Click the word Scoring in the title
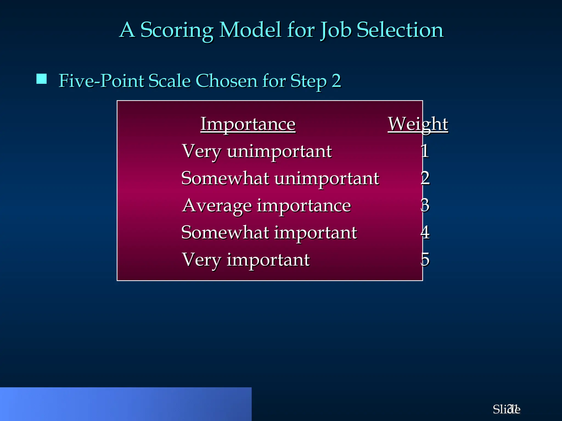point(177,30)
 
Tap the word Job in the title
point(336,30)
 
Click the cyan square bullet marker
point(41,79)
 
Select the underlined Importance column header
point(248,124)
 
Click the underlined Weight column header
point(418,124)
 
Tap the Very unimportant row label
point(257,151)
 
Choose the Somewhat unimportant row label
point(280,178)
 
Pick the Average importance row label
point(266,206)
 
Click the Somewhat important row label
point(269,233)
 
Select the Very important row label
point(246,260)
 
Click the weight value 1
point(425,151)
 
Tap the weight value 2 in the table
point(425,178)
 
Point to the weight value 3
point(425,205)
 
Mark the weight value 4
point(425,232)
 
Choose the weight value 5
point(425,259)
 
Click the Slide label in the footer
point(506,409)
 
